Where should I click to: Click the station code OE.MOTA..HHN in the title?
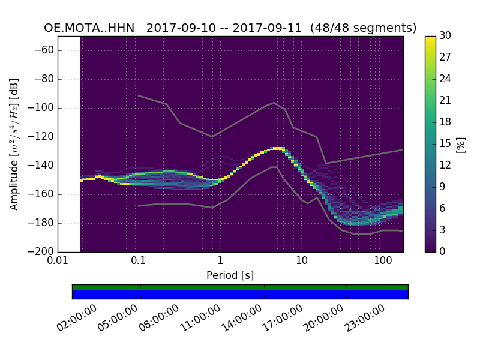[89, 28]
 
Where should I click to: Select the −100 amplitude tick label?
[41, 108]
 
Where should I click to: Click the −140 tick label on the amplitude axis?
[41, 166]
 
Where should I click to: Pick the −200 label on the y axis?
[41, 252]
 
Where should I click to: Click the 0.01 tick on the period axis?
[58, 261]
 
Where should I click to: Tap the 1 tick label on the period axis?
[220, 261]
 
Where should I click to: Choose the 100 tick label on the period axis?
[383, 261]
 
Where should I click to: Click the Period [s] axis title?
[230, 275]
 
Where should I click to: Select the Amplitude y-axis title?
[14, 144]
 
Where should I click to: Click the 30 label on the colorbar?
[445, 36]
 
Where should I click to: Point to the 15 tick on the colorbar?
[445, 144]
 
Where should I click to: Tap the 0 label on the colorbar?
[443, 252]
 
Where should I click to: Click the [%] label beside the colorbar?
[461, 144]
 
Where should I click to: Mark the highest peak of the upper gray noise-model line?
[274, 103]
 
